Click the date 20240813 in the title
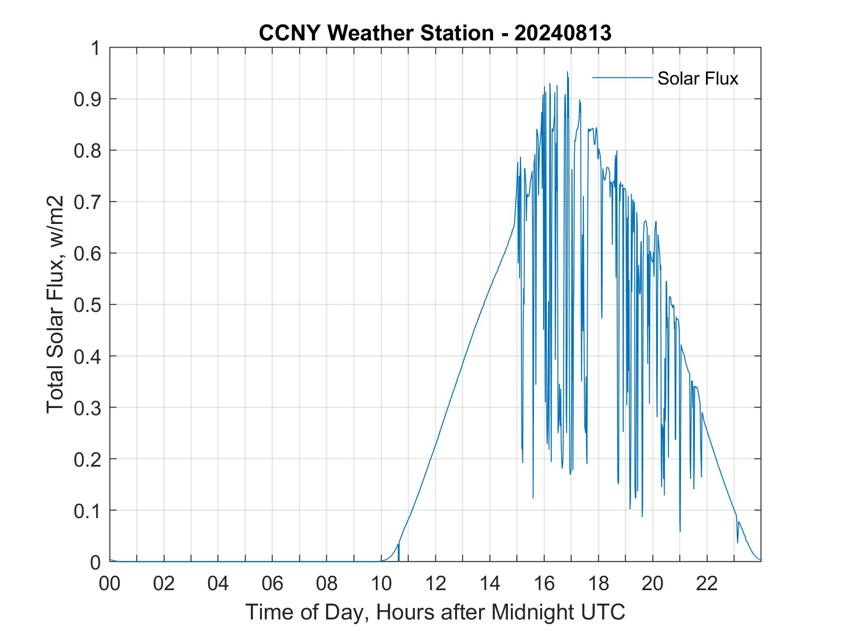563,33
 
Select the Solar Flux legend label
697,78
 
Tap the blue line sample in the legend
622,77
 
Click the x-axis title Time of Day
435,612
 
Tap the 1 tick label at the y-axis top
97,48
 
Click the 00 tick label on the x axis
110,583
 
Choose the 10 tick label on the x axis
381,583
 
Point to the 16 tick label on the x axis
544,583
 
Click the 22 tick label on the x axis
707,583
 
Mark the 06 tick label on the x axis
272,583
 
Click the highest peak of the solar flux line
567,72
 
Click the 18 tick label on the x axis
598,583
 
